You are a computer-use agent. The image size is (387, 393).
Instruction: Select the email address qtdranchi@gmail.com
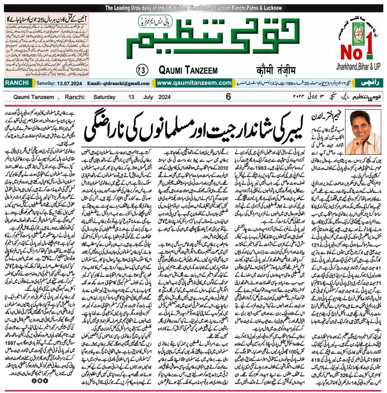pos(118,84)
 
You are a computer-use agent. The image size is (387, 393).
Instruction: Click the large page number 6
pos(228,97)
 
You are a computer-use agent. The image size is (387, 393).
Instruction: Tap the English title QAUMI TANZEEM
pos(188,70)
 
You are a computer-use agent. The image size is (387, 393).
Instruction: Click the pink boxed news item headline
pos(47,19)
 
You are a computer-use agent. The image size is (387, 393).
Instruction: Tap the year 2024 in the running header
pos(164,97)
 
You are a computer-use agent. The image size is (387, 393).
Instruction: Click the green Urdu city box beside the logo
pos(370,83)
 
